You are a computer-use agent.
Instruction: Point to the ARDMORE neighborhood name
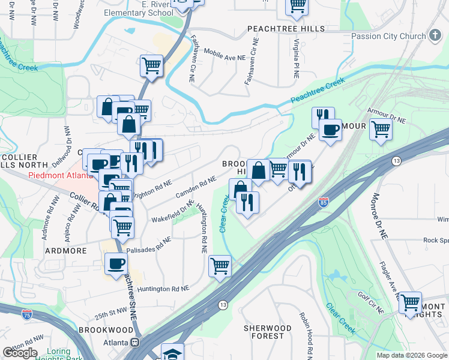click(66, 250)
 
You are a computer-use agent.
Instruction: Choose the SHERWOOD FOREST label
click(267, 332)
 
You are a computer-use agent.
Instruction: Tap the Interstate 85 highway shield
click(323, 203)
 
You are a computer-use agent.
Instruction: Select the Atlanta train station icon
click(135, 343)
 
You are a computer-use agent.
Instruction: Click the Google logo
click(20, 352)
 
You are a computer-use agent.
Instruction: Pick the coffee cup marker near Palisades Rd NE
click(116, 262)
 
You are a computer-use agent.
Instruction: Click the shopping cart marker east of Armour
click(381, 128)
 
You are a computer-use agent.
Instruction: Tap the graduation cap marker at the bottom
click(171, 353)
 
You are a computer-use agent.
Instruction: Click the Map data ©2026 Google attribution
click(412, 355)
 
